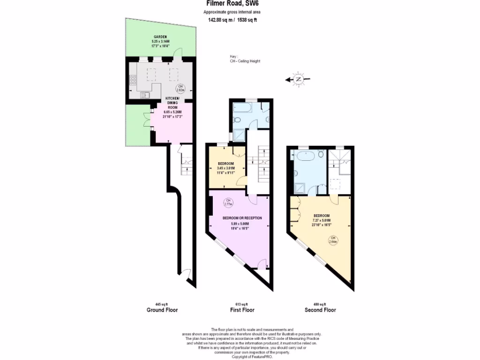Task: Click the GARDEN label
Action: tap(161, 37)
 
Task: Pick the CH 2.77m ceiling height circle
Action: tap(229, 202)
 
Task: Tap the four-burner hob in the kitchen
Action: tap(133, 80)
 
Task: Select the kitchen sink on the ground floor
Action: tap(144, 95)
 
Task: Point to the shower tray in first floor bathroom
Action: tap(239, 135)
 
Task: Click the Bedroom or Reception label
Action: tap(242, 218)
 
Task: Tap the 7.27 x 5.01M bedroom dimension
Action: tap(322, 220)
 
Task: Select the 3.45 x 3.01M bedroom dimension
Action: tap(225, 168)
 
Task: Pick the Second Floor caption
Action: tap(320, 310)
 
